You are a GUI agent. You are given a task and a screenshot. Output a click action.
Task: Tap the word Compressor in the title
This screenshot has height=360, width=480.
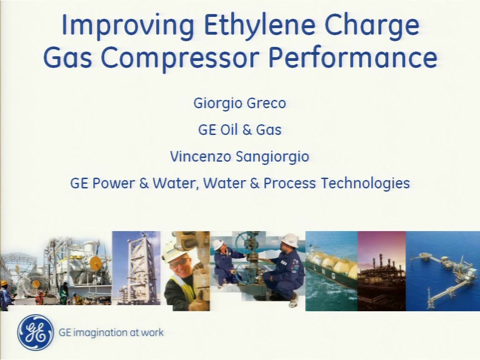click(180, 59)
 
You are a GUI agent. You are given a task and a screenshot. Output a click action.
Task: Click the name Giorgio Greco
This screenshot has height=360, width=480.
click(240, 104)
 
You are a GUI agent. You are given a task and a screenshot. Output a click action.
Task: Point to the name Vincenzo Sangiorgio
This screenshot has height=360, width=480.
click(240, 157)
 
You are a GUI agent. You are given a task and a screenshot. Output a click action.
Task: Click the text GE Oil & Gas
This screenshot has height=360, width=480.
click(240, 129)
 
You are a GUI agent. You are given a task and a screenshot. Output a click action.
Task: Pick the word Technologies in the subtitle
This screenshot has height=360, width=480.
click(365, 184)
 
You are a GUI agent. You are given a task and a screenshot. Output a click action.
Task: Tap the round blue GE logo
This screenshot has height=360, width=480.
click(36, 332)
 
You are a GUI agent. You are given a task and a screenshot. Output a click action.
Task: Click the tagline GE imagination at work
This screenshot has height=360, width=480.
click(111, 332)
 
